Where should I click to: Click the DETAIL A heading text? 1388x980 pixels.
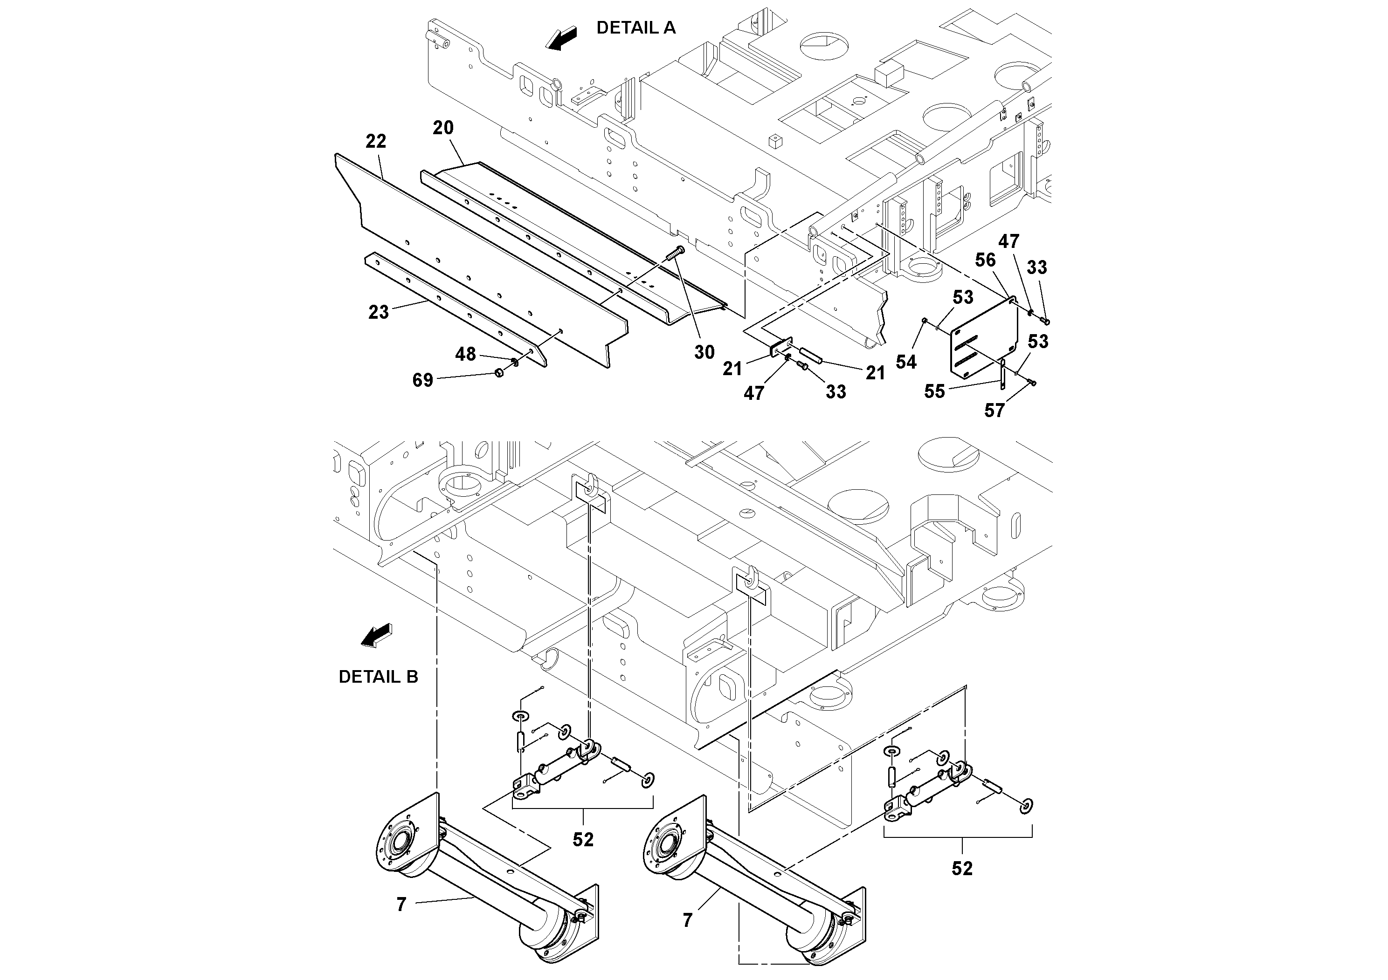[635, 28]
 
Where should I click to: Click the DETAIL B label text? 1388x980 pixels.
[378, 677]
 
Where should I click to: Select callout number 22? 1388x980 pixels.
[375, 141]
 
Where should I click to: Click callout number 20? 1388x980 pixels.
[442, 128]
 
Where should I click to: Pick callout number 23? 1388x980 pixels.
[379, 312]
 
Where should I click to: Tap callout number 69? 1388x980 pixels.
[422, 380]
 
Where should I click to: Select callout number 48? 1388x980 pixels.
[465, 354]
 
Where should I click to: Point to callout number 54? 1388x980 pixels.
[905, 362]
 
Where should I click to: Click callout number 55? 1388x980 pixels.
[934, 391]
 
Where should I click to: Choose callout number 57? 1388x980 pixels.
[994, 411]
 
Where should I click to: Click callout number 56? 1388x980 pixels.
[985, 260]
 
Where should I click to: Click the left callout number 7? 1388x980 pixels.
[401, 905]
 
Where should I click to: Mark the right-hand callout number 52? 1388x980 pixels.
[962, 868]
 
